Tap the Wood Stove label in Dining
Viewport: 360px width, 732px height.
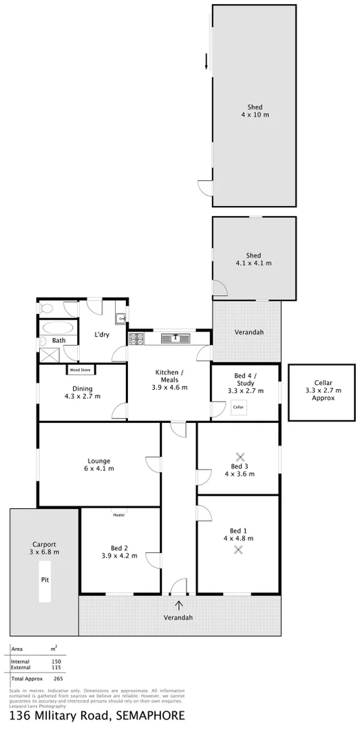tap(80, 370)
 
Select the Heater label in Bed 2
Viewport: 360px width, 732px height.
tap(118, 514)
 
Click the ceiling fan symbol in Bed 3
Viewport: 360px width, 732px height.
tap(240, 456)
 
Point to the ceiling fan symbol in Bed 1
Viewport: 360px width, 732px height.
tap(238, 549)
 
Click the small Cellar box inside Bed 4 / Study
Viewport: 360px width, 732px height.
tap(238, 407)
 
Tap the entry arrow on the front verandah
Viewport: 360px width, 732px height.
tap(180, 605)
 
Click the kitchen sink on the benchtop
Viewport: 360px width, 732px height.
tap(176, 337)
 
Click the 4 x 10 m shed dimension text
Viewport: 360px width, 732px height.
tap(255, 115)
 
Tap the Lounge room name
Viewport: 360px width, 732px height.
tap(99, 461)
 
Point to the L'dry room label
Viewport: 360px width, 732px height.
tap(102, 335)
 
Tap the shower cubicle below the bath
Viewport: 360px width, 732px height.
tap(50, 355)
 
